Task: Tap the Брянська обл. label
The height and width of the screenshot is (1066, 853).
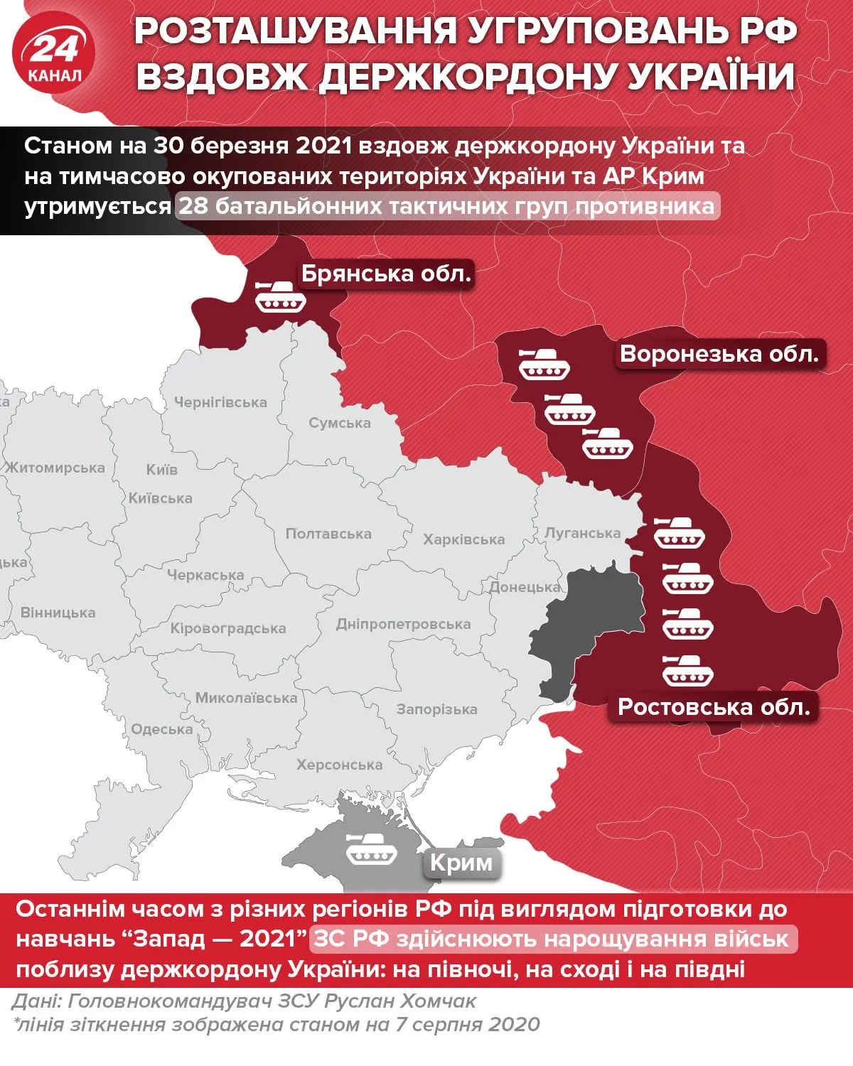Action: coord(386,274)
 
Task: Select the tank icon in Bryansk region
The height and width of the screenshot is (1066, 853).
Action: coord(281,296)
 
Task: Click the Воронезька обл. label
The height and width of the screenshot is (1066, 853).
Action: coord(719,353)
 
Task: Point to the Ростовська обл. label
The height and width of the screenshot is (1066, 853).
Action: coord(714,706)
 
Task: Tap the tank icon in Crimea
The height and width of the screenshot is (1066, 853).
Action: coord(370,848)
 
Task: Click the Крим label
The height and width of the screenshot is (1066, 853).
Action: coord(461,863)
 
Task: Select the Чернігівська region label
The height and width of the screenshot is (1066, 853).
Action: coord(220,402)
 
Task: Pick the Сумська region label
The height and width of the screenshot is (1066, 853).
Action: coord(339,423)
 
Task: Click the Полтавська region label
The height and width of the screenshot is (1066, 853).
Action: coord(328,534)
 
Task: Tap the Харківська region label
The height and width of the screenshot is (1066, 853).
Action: coord(463,539)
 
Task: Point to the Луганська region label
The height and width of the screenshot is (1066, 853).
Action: coord(582,533)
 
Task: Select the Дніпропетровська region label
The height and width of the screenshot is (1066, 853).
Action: coord(403,624)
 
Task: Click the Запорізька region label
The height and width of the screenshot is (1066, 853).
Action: coord(436,709)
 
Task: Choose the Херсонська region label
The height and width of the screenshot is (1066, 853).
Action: coord(339,765)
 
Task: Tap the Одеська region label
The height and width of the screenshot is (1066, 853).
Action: coord(161,729)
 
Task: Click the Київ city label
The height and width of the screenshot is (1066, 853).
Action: coord(161,470)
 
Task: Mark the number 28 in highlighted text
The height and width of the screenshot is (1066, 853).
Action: coord(192,206)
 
